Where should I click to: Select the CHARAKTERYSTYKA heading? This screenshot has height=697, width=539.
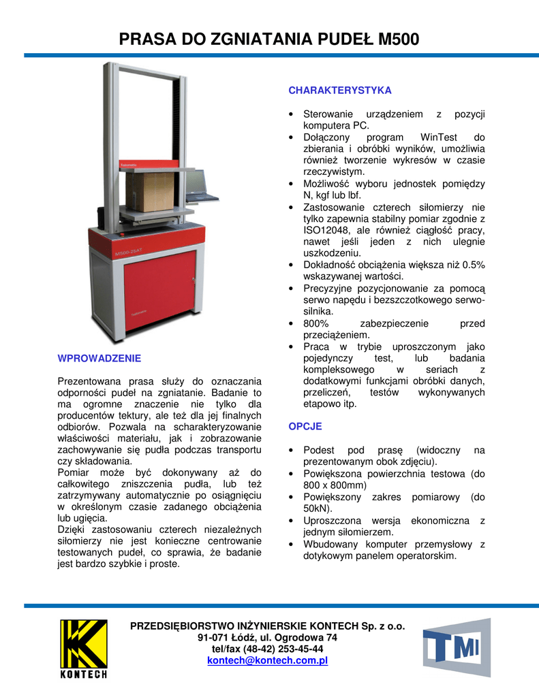[x=340, y=91]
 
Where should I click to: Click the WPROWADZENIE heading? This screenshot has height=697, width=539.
[x=99, y=358]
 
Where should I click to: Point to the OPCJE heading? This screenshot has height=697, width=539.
[x=305, y=427]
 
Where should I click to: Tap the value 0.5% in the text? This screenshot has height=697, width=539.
[x=470, y=265]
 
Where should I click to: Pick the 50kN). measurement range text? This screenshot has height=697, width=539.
[x=318, y=508]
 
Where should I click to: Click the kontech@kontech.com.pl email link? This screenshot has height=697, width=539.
[x=268, y=660]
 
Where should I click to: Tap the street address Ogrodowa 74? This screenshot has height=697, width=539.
[x=305, y=638]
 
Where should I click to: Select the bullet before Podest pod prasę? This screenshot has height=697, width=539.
[x=292, y=451]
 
